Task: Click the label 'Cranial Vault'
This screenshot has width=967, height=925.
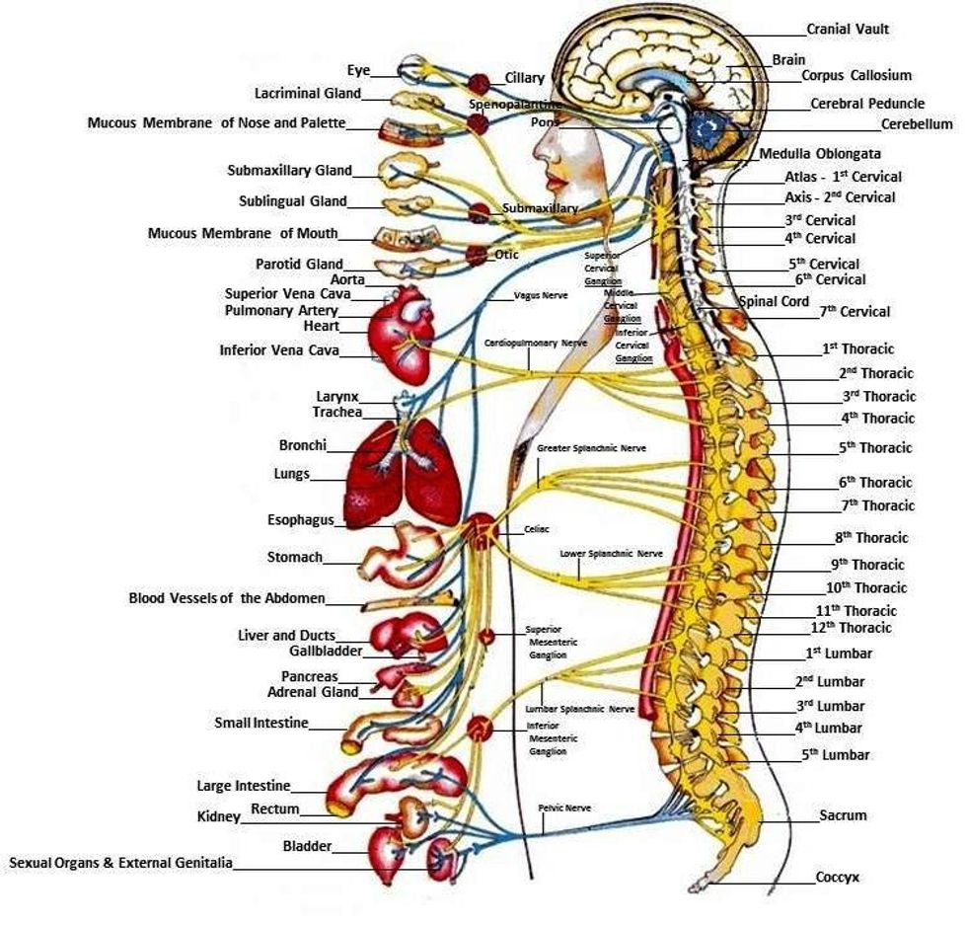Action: click(x=848, y=30)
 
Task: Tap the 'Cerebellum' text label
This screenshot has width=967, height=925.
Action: click(x=917, y=124)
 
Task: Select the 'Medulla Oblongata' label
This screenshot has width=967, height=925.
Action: click(x=820, y=154)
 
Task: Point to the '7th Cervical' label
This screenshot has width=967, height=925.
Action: click(x=854, y=312)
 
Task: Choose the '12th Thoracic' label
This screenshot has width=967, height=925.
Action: click(x=851, y=628)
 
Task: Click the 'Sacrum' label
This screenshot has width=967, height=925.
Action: click(x=843, y=815)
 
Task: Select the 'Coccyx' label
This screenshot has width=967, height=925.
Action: click(x=839, y=877)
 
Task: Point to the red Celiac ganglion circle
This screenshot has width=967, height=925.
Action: click(x=481, y=531)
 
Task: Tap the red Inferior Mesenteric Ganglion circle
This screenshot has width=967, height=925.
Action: click(x=480, y=730)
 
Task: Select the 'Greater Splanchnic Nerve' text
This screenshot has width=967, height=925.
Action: click(x=591, y=448)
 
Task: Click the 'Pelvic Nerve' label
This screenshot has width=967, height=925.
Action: click(x=564, y=808)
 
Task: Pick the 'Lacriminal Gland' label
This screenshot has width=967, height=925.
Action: click(x=308, y=94)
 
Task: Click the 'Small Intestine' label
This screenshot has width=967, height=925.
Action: click(x=261, y=724)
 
